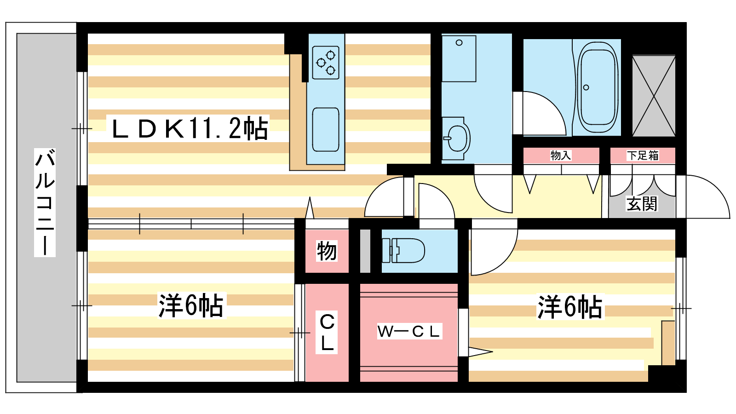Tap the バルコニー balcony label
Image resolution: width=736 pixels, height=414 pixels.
click(x=45, y=202)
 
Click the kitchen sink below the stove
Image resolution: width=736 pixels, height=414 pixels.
click(x=326, y=129)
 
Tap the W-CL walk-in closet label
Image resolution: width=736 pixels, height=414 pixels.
click(x=409, y=331)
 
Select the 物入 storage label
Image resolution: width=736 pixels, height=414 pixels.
click(x=561, y=155)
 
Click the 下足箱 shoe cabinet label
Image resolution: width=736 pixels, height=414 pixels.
click(x=643, y=155)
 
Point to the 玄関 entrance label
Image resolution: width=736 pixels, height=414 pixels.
click(x=642, y=203)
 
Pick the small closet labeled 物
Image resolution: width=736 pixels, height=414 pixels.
click(x=327, y=251)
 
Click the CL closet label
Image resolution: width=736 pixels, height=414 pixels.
click(x=327, y=332)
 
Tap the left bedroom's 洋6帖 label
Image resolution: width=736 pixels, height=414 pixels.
click(x=191, y=305)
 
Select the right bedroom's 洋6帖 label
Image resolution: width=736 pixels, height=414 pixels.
click(x=570, y=307)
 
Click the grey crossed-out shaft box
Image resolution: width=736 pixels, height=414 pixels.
click(x=654, y=96)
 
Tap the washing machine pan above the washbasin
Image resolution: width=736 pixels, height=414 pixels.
click(x=459, y=59)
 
